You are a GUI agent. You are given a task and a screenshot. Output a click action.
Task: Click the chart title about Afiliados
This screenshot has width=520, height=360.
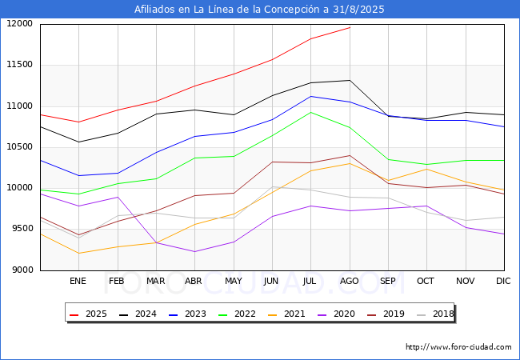tap(260, 10)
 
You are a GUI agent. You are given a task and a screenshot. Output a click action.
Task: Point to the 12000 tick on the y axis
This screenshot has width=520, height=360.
tap(20, 24)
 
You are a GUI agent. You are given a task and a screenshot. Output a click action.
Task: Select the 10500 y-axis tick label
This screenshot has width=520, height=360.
tap(20, 147)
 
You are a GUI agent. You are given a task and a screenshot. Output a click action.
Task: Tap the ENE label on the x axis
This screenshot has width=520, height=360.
tap(78, 281)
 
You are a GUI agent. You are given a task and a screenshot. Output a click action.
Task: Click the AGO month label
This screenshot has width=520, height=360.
tap(350, 281)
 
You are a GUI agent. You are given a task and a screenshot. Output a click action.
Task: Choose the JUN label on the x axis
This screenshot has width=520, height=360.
tap(271, 281)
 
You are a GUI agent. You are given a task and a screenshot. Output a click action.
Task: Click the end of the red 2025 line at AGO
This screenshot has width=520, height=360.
tap(350, 27)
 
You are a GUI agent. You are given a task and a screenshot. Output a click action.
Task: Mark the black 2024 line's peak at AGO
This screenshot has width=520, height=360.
tap(350, 80)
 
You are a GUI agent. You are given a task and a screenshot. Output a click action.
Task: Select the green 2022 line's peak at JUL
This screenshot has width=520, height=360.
tap(310, 112)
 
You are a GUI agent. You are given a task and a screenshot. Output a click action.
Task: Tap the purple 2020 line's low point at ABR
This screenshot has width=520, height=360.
tap(194, 252)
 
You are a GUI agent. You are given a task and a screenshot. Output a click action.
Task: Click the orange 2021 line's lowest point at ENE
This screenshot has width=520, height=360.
tap(78, 254)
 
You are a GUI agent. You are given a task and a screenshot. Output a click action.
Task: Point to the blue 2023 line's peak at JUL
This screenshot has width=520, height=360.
tap(310, 96)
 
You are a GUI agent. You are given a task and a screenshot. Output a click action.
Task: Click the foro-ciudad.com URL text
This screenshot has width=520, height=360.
tap(458, 347)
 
